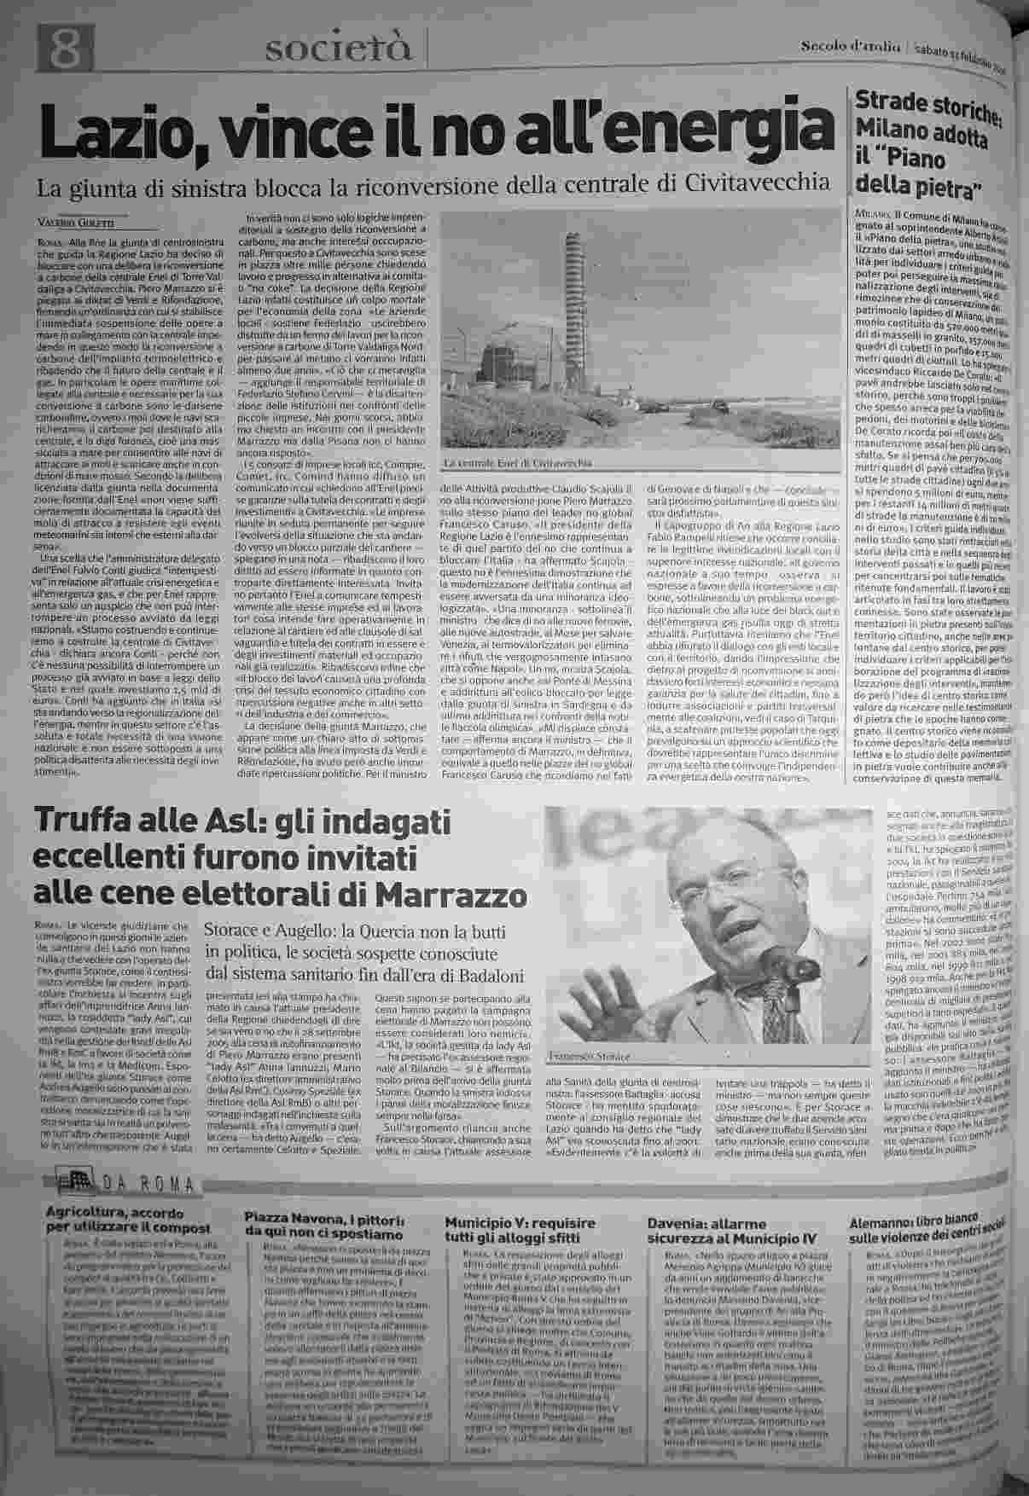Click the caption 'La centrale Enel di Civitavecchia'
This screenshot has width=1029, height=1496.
pyautogui.click(x=518, y=463)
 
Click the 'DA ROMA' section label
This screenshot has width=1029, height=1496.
pyautogui.click(x=145, y=1186)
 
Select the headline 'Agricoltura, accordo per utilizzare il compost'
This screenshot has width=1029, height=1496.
pyautogui.click(x=128, y=1221)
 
